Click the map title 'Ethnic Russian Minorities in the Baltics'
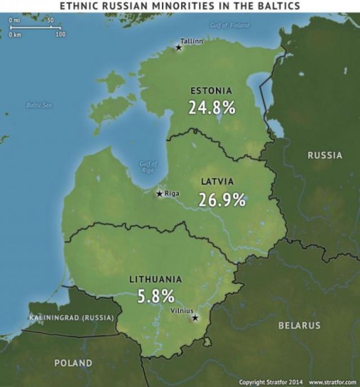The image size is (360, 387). click(x=180, y=6)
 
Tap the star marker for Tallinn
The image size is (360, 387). click(x=178, y=48)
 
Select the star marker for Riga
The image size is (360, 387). click(x=159, y=193)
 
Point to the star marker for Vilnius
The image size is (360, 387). click(x=197, y=317)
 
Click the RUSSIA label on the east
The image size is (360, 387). click(x=324, y=155)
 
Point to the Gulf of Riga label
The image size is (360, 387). click(x=147, y=166)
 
